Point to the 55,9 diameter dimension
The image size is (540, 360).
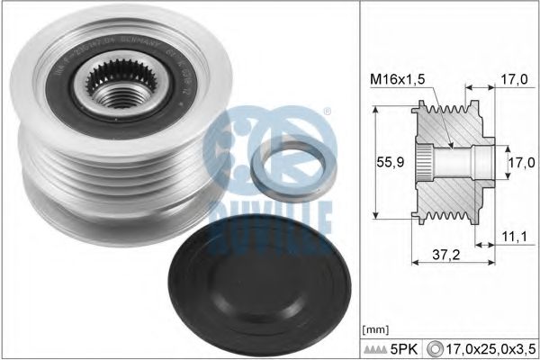point(385,164)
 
